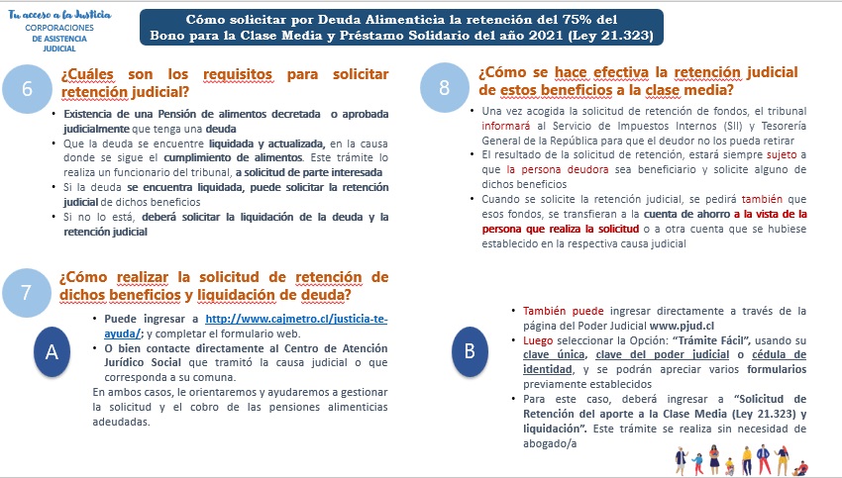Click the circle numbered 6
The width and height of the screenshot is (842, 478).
[x=28, y=89]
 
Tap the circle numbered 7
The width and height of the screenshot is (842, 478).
[x=28, y=290]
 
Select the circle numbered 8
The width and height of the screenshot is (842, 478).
[x=445, y=87]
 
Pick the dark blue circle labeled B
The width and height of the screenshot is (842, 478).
[x=470, y=348]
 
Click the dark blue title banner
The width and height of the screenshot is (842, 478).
[x=402, y=28]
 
